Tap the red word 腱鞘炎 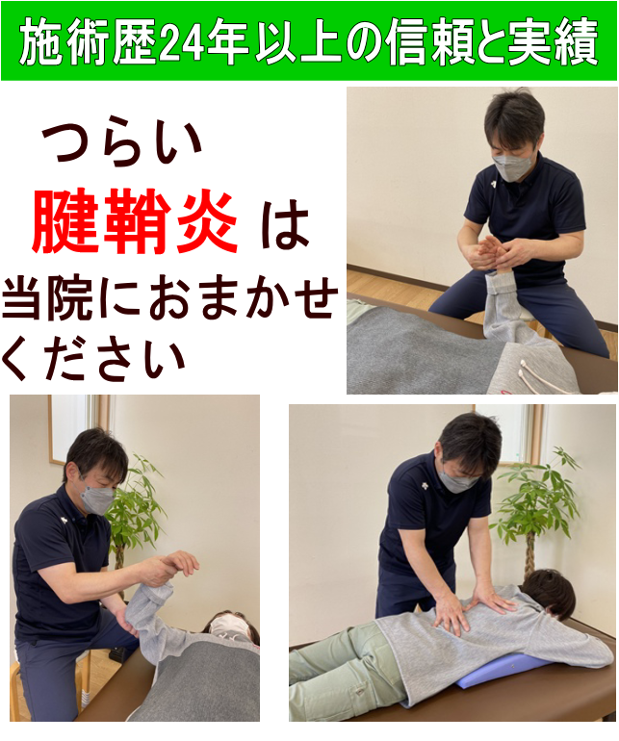coord(135,223)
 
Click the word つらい coord(123,143)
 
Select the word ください coord(93,357)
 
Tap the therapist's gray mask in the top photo coord(512,165)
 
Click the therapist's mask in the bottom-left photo coord(97,499)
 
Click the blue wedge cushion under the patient coord(502,672)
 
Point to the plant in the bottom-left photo coord(135,510)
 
